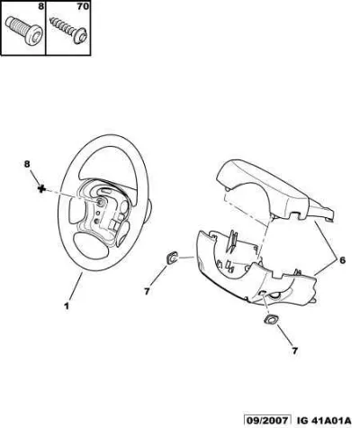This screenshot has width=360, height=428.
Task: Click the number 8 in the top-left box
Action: [40, 6]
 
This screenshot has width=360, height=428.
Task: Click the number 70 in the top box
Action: [83, 6]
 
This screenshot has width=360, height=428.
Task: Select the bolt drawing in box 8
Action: [24, 31]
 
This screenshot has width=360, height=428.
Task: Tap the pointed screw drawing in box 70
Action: [69, 30]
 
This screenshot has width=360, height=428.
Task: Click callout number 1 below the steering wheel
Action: [67, 306]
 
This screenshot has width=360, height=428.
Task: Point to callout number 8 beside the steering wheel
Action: [27, 164]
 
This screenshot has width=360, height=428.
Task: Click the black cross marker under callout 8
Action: [41, 188]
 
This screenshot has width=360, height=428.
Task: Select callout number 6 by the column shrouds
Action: [342, 260]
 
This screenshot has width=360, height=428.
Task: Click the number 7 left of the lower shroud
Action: [147, 291]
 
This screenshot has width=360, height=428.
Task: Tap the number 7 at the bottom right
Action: [294, 351]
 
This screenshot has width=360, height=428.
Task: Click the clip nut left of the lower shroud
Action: [172, 259]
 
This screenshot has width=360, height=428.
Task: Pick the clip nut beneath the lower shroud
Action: [271, 320]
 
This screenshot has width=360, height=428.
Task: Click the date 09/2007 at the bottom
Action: [267, 420]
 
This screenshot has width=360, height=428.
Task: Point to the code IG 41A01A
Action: [324, 420]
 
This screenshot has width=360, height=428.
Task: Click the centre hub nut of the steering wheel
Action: [99, 203]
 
